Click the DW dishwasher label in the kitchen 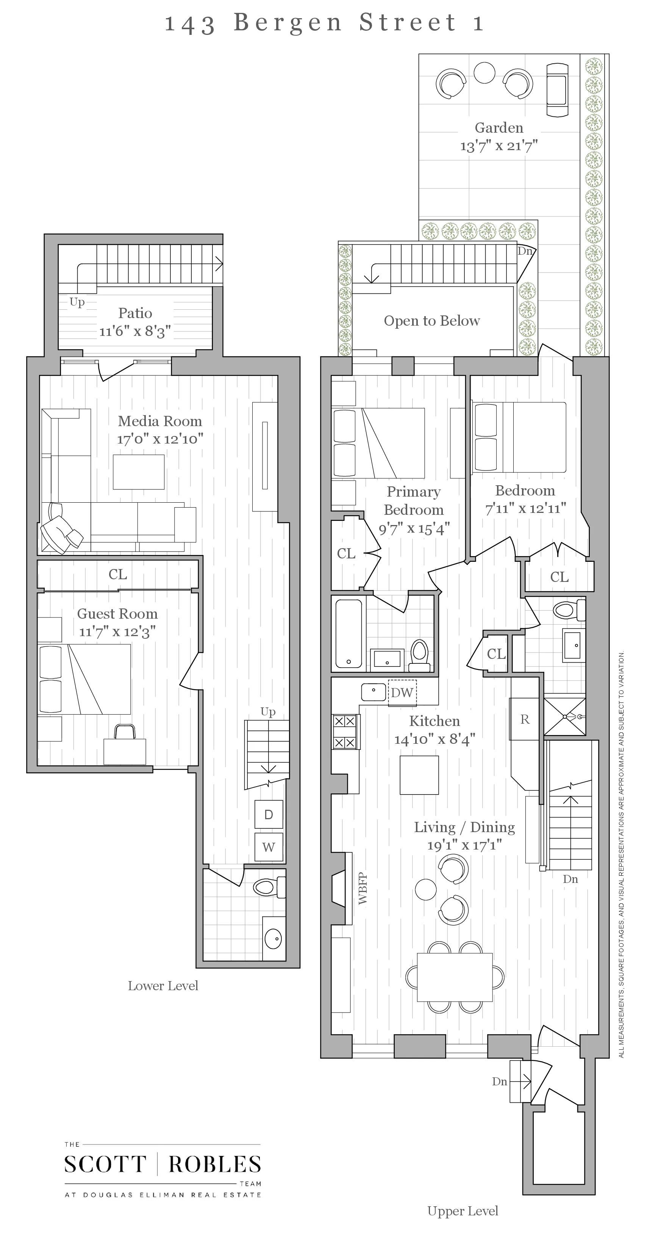click(402, 693)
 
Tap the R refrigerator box click(524, 719)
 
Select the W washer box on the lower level click(269, 847)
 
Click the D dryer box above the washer click(269, 814)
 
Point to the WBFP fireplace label click(363, 889)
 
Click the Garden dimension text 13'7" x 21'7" click(499, 146)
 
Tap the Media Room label click(160, 421)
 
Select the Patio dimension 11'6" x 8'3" click(135, 332)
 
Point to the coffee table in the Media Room click(138, 472)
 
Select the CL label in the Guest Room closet click(117, 574)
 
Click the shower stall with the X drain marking click(564, 716)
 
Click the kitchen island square click(419, 775)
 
